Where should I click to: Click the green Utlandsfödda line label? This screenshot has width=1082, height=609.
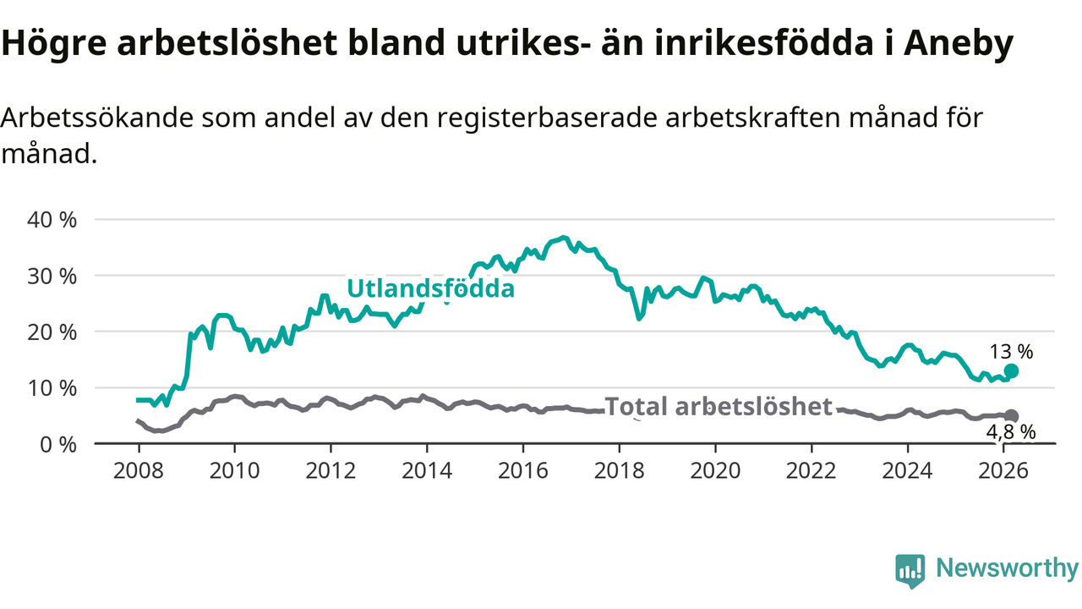tap(431, 288)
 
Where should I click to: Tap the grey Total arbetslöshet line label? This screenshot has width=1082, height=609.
tap(719, 407)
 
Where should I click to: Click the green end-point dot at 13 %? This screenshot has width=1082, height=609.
tap(1011, 371)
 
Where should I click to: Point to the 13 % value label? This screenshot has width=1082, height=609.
tap(1011, 352)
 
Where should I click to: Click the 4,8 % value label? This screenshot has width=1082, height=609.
tap(1011, 431)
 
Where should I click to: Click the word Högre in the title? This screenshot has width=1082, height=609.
tap(53, 45)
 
